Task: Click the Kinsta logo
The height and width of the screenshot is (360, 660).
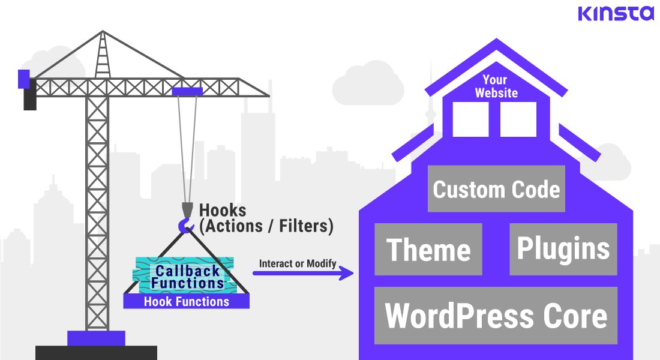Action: click(x=616, y=13)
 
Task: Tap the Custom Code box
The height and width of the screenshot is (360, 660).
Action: click(x=496, y=189)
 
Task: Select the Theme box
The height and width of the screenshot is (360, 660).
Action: click(x=428, y=249)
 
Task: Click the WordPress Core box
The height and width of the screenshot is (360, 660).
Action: click(x=496, y=315)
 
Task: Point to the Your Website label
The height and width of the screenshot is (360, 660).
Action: click(x=496, y=86)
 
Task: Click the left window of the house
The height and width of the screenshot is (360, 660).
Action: click(x=470, y=119)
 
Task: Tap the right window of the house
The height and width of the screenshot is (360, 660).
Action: click(x=518, y=119)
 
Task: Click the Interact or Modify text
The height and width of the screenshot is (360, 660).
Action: click(x=298, y=263)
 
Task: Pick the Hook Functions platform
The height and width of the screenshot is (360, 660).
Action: click(x=186, y=302)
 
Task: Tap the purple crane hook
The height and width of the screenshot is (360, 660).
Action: click(x=186, y=226)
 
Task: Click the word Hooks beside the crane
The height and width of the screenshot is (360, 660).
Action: click(x=223, y=211)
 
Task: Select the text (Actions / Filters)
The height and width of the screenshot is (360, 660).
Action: click(x=266, y=226)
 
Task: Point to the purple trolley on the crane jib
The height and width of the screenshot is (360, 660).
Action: click(x=187, y=91)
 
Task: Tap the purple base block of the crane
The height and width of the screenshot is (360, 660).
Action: click(x=96, y=338)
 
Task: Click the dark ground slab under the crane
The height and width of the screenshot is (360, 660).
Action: click(x=96, y=353)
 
